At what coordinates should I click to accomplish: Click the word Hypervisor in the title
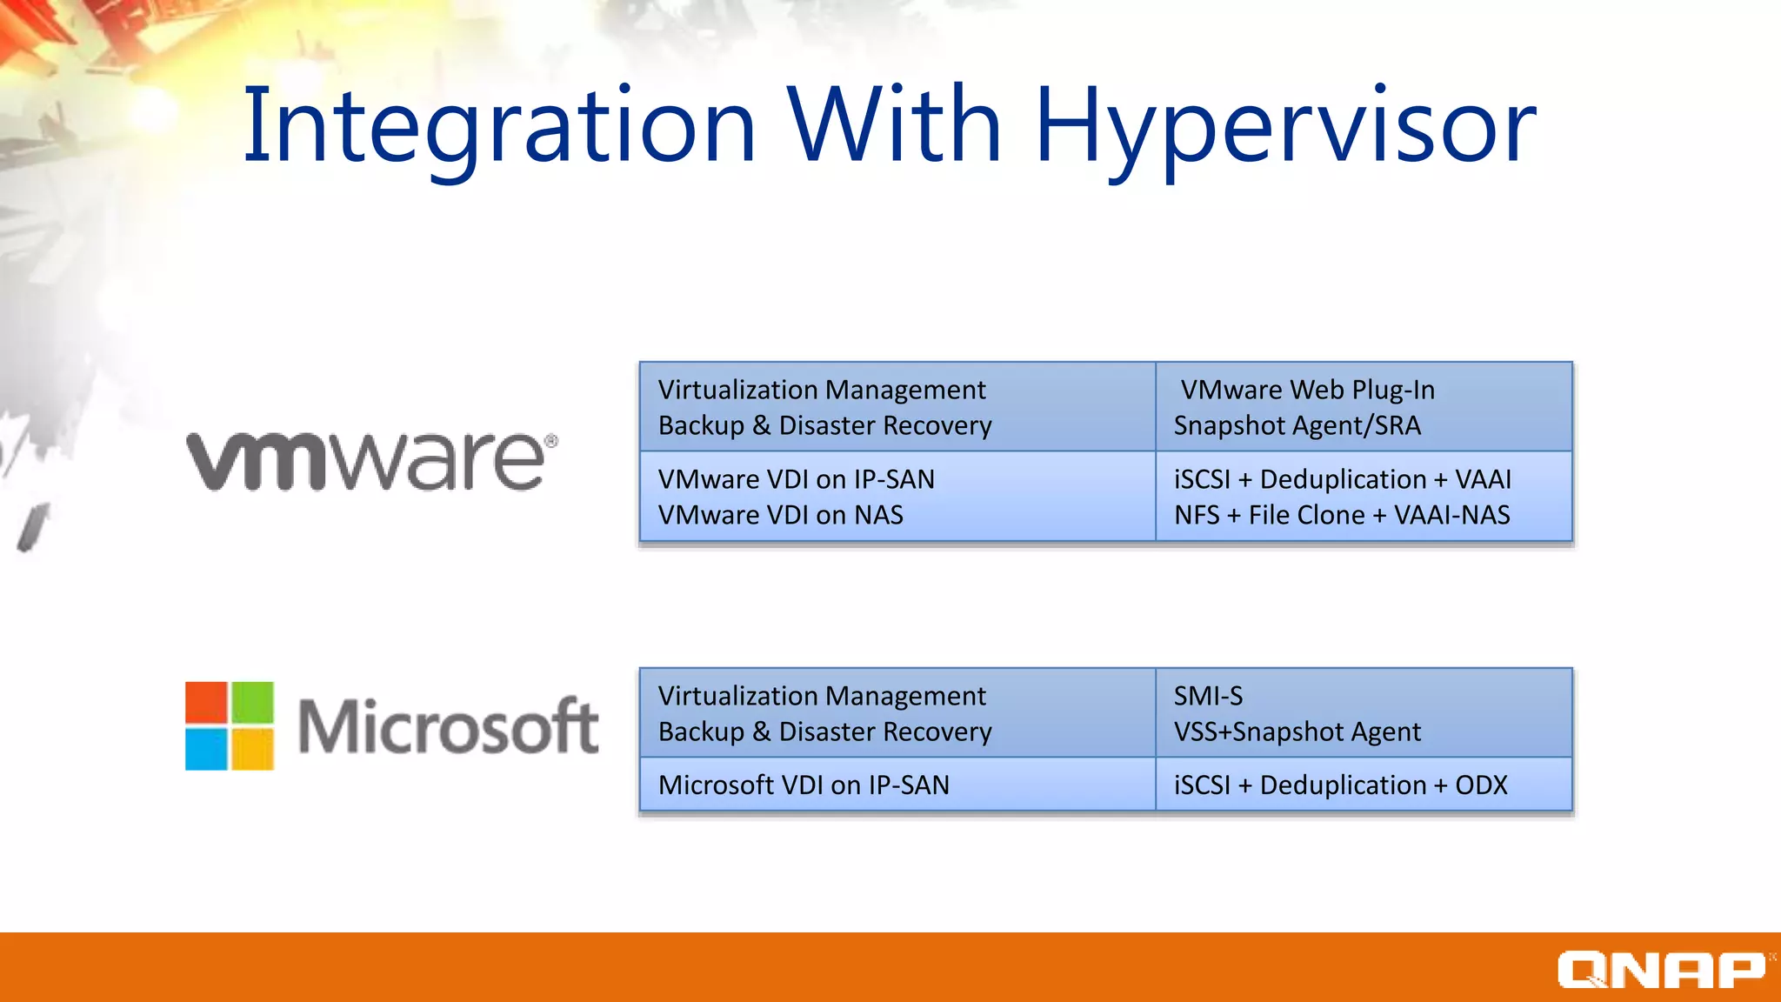(x=1285, y=126)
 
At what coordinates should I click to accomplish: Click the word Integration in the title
(x=499, y=126)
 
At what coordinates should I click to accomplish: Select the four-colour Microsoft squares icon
(x=230, y=726)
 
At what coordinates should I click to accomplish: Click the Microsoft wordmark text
(x=448, y=727)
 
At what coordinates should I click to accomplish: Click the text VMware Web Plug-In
(x=1307, y=390)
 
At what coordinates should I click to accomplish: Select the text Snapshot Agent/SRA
(x=1297, y=425)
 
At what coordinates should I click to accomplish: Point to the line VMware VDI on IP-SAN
(x=796, y=479)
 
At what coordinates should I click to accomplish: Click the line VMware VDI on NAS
(x=780, y=515)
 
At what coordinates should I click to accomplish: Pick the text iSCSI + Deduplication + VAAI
(x=1342, y=479)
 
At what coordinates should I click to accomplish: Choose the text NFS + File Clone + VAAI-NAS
(x=1341, y=515)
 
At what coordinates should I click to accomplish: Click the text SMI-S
(x=1208, y=696)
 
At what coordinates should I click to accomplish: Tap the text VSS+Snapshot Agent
(x=1297, y=731)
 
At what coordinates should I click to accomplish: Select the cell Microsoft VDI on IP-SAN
(x=804, y=785)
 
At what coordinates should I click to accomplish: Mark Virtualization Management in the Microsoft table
(x=822, y=696)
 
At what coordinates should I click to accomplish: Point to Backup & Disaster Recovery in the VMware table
(x=824, y=425)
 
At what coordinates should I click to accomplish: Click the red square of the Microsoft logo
(x=207, y=703)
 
